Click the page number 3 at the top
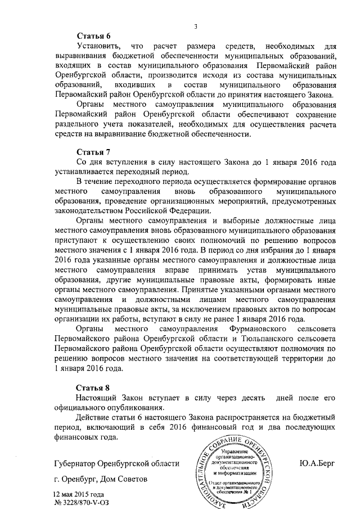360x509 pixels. pyautogui.click(x=195, y=25)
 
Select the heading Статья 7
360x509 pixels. pyautogui.click(x=92, y=152)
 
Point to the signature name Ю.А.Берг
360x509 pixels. pyautogui.click(x=319, y=464)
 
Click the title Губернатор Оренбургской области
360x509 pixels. pyautogui.click(x=117, y=464)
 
